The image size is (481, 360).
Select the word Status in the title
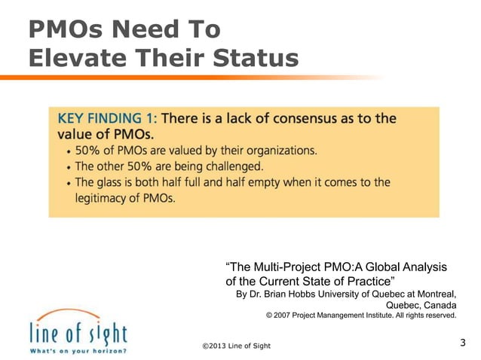coord(255,57)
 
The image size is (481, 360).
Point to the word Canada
coord(439,305)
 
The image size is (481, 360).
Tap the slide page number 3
coord(462,343)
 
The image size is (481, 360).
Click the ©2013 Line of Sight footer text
coord(236,346)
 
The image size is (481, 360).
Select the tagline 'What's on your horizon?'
coord(78,350)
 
